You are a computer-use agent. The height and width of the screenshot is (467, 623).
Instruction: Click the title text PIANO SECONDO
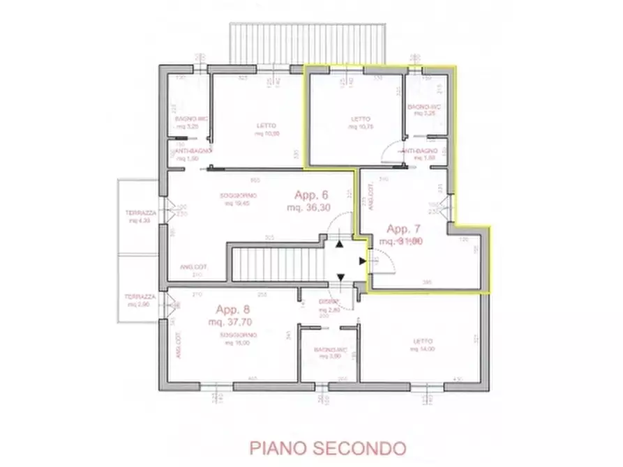(x=326, y=446)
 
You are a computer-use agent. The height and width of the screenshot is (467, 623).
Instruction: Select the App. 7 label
(x=403, y=229)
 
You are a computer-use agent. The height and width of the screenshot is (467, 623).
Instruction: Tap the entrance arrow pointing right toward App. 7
(x=362, y=261)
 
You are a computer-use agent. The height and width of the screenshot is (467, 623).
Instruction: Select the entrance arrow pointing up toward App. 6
(x=340, y=244)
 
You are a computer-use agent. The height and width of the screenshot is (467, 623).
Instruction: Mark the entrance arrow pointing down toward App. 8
(x=340, y=278)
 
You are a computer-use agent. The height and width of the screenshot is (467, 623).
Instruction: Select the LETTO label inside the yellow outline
(x=361, y=119)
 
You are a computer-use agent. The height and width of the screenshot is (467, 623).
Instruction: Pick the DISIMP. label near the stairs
(x=329, y=301)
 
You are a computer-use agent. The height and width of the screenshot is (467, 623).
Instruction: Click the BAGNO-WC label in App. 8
(x=330, y=349)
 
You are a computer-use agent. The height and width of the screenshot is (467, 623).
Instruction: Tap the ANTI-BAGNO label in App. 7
(x=421, y=151)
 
